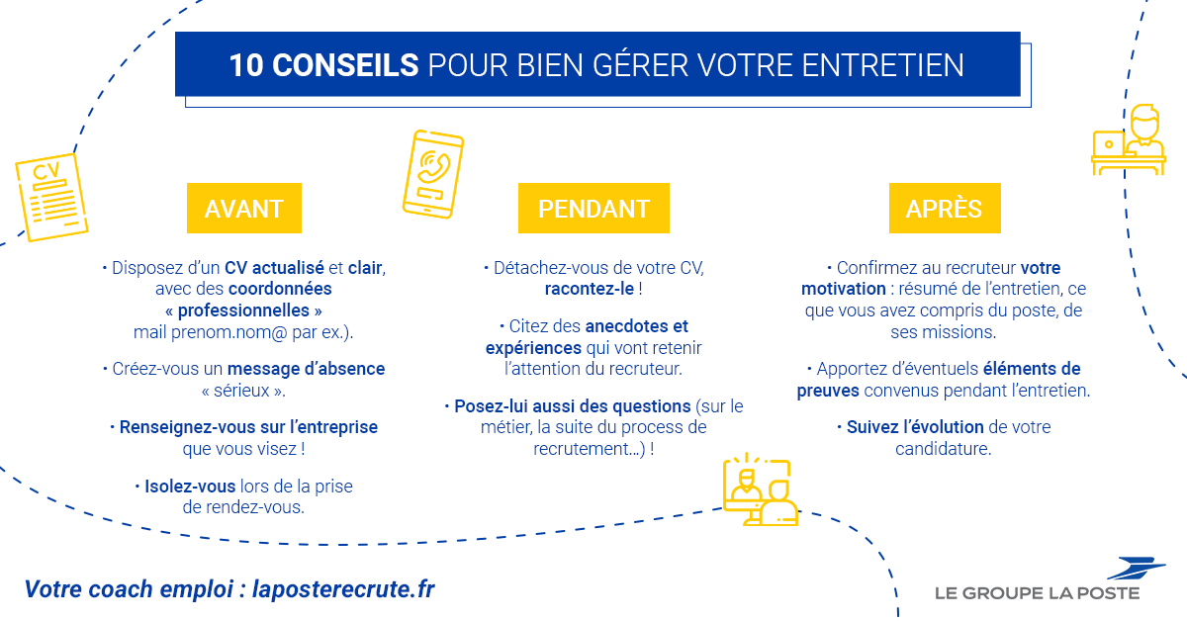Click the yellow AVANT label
pyautogui.click(x=243, y=209)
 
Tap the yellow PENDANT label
pyautogui.click(x=593, y=209)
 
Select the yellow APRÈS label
pyautogui.click(x=945, y=209)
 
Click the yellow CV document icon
pyautogui.click(x=51, y=197)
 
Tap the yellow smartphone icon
pyautogui.click(x=433, y=174)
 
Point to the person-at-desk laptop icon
pyautogui.click(x=1129, y=139)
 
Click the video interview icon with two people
pyautogui.click(x=761, y=489)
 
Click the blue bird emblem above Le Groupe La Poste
pyautogui.click(x=1137, y=568)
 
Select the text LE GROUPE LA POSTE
pyautogui.click(x=1037, y=593)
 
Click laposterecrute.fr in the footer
pyautogui.click(x=343, y=589)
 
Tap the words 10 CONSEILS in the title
pyautogui.click(x=323, y=65)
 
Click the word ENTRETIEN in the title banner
pyautogui.click(x=882, y=65)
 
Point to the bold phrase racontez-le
pyautogui.click(x=590, y=289)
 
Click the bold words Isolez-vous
pyautogui.click(x=190, y=487)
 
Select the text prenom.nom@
pyautogui.click(x=228, y=332)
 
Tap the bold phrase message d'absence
pyautogui.click(x=307, y=369)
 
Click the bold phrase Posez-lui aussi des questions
pyautogui.click(x=573, y=406)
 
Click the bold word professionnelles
pyautogui.click(x=243, y=311)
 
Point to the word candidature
pyautogui.click(x=944, y=449)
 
